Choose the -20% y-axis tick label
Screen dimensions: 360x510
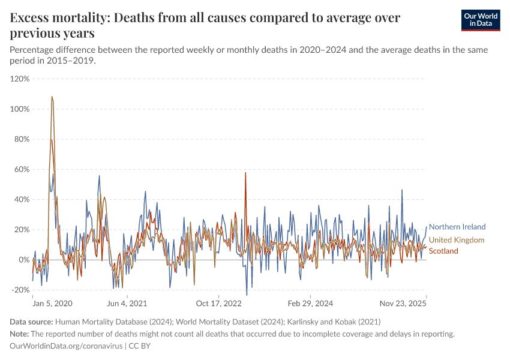(x=20, y=290)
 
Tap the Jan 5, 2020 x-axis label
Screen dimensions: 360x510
(x=52, y=304)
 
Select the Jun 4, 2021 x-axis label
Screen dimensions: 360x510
(x=127, y=304)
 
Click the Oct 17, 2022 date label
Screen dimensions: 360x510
(x=218, y=304)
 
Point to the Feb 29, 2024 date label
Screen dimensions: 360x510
(x=309, y=304)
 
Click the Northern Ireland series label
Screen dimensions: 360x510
(x=457, y=227)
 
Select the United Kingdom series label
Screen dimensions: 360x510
(x=456, y=240)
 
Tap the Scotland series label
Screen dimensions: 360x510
(x=443, y=251)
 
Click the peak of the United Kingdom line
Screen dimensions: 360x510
(x=52, y=97)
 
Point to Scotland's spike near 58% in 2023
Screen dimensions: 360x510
(x=245, y=173)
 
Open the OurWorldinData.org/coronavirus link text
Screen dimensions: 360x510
(x=66, y=346)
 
